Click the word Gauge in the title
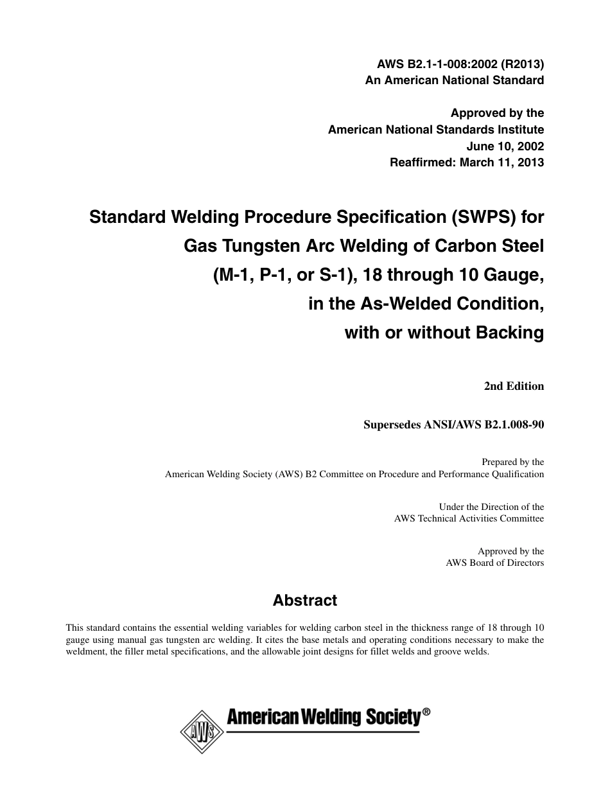click(x=518, y=275)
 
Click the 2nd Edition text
click(x=514, y=386)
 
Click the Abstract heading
click(x=305, y=601)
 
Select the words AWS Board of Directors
click(x=494, y=563)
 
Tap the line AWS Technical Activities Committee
click(x=469, y=518)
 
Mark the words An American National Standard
click(x=454, y=80)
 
